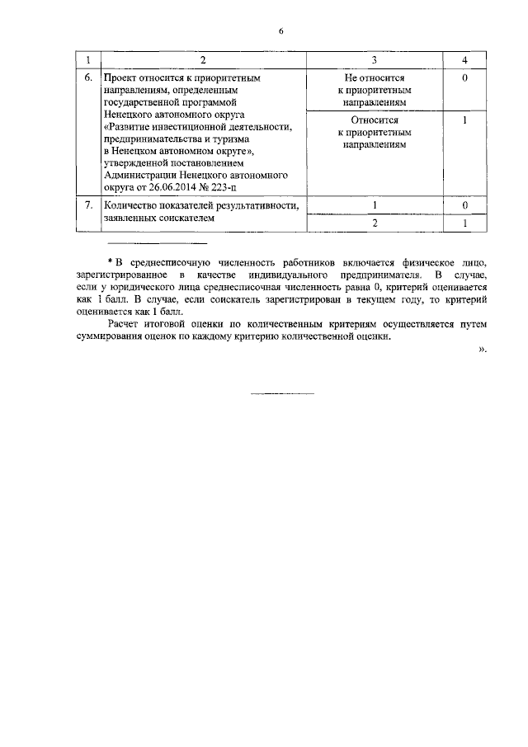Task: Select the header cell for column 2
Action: point(202,60)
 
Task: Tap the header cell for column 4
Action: point(465,60)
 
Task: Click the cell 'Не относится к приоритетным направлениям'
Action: point(375,89)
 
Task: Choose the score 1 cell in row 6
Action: point(465,120)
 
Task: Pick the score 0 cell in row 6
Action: point(465,78)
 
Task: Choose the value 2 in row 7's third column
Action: point(375,224)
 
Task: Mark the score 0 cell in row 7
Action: point(465,204)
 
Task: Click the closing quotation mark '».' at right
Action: point(483,350)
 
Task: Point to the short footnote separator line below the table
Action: point(158,243)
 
